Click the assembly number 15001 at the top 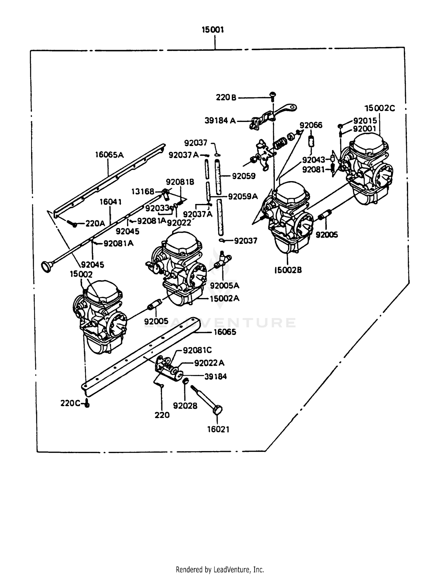pyautogui.click(x=213, y=30)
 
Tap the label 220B pyautogui.click(x=226, y=98)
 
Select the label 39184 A pyautogui.click(x=220, y=120)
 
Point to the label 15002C pyautogui.click(x=380, y=108)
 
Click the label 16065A pyautogui.click(x=109, y=155)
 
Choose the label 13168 pyautogui.click(x=143, y=191)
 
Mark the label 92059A pyautogui.click(x=243, y=196)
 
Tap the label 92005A pyautogui.click(x=225, y=285)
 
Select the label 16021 pyautogui.click(x=218, y=429)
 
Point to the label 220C pyautogui.click(x=70, y=403)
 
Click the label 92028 pyautogui.click(x=185, y=406)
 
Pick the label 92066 pyautogui.click(x=311, y=125)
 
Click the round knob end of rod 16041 pyautogui.click(x=46, y=266)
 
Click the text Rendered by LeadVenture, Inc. pyautogui.click(x=220, y=569)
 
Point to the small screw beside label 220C pyautogui.click(x=87, y=404)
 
